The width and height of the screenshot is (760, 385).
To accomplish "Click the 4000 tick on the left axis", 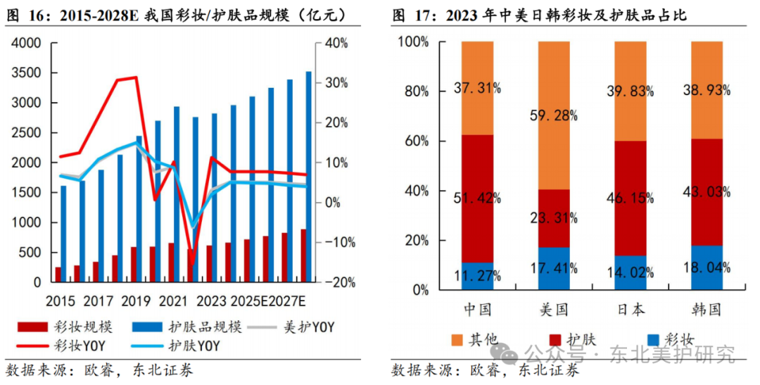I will tap(26, 44).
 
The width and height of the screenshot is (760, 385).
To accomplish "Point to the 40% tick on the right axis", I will tap(336, 44).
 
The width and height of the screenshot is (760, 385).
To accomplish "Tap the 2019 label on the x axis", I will tap(137, 301).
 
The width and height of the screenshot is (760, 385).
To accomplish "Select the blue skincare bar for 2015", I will tap(63, 232).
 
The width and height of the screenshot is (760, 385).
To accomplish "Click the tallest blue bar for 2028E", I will tap(308, 176).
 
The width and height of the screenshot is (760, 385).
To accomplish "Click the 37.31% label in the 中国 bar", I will tap(478, 88).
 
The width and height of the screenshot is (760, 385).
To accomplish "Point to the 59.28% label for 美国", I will tap(555, 115).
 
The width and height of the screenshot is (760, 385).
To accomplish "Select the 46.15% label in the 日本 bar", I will tap(631, 199).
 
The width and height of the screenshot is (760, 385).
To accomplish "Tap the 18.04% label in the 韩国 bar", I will tap(707, 267).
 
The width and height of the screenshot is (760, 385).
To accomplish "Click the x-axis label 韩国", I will tap(707, 310).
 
